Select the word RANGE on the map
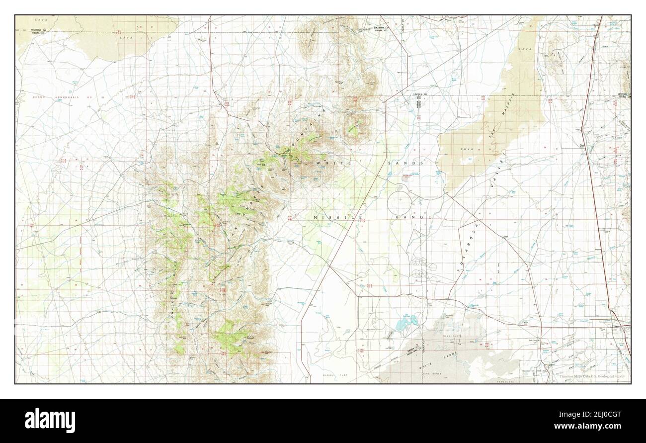(x=413, y=217)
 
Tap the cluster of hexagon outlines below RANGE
(x=420, y=268)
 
